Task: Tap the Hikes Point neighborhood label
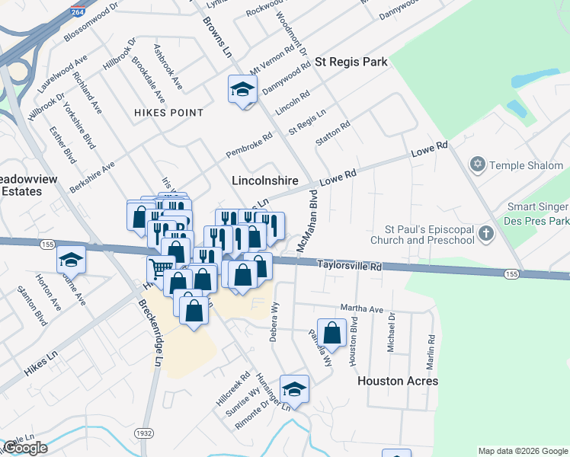(168, 113)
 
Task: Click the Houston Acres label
(398, 380)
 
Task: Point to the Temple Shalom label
(526, 165)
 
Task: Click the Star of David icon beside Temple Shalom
(478, 165)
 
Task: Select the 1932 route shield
(143, 433)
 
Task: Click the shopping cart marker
(160, 268)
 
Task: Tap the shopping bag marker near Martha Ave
(332, 332)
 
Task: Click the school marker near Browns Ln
(242, 89)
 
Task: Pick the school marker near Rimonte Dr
(293, 389)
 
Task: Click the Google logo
(25, 449)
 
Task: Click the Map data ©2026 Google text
(523, 451)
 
